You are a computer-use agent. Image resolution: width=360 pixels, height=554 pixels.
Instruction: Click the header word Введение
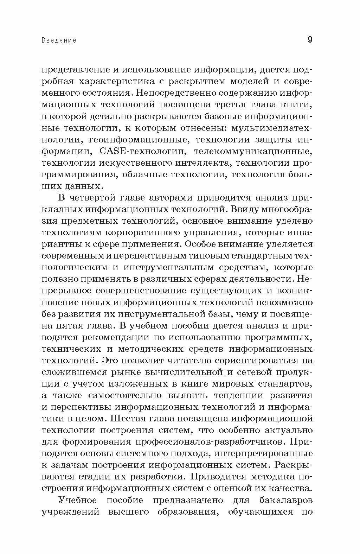click(59, 40)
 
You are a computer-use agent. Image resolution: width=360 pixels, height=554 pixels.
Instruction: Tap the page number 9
click(309, 39)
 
